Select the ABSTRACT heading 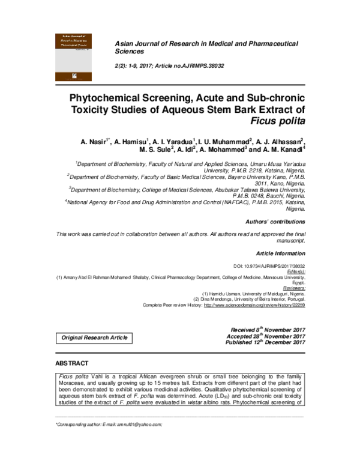point(72,364)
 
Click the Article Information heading point(280,253)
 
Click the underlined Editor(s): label point(293,271)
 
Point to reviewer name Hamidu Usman point(235,294)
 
